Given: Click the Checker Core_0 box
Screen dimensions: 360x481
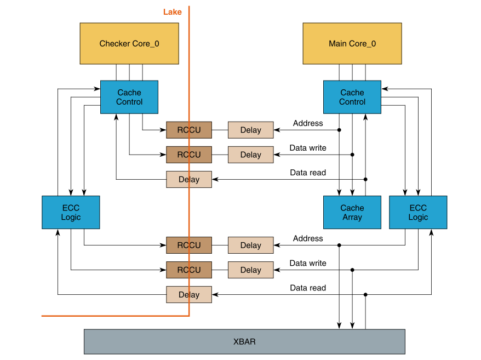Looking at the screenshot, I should (x=129, y=43).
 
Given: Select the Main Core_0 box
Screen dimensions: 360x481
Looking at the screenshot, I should (x=352, y=43).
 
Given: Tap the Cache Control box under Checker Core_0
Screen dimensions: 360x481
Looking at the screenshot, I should (x=129, y=97).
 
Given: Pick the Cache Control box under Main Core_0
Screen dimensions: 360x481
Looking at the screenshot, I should (x=352, y=97).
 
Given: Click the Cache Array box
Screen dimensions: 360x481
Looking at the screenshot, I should (x=352, y=212).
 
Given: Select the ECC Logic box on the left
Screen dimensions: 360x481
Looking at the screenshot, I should (x=71, y=212).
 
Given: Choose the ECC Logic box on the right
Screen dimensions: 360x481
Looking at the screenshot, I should (x=418, y=212).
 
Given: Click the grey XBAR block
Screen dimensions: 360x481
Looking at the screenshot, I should (x=244, y=341).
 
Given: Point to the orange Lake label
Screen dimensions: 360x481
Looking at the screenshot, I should (x=172, y=12).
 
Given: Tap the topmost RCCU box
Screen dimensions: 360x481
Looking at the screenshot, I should (x=189, y=130).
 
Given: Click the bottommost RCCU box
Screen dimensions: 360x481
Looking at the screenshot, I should (x=189, y=270).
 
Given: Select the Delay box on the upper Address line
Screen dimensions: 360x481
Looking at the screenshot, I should (x=250, y=130).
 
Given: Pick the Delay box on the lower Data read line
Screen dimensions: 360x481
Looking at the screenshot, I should (x=189, y=294).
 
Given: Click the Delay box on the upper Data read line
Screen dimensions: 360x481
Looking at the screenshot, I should (x=189, y=179).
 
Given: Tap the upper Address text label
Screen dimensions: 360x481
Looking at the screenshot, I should (x=308, y=123).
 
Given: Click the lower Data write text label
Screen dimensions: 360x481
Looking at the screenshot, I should (x=308, y=263).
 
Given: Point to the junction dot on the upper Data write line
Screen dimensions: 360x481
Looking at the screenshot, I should (x=352, y=155).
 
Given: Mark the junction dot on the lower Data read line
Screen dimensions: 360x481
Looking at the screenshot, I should (x=365, y=294).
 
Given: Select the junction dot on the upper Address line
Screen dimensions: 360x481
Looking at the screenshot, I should (x=339, y=130).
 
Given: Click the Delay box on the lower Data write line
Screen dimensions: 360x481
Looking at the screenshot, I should (x=250, y=270).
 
